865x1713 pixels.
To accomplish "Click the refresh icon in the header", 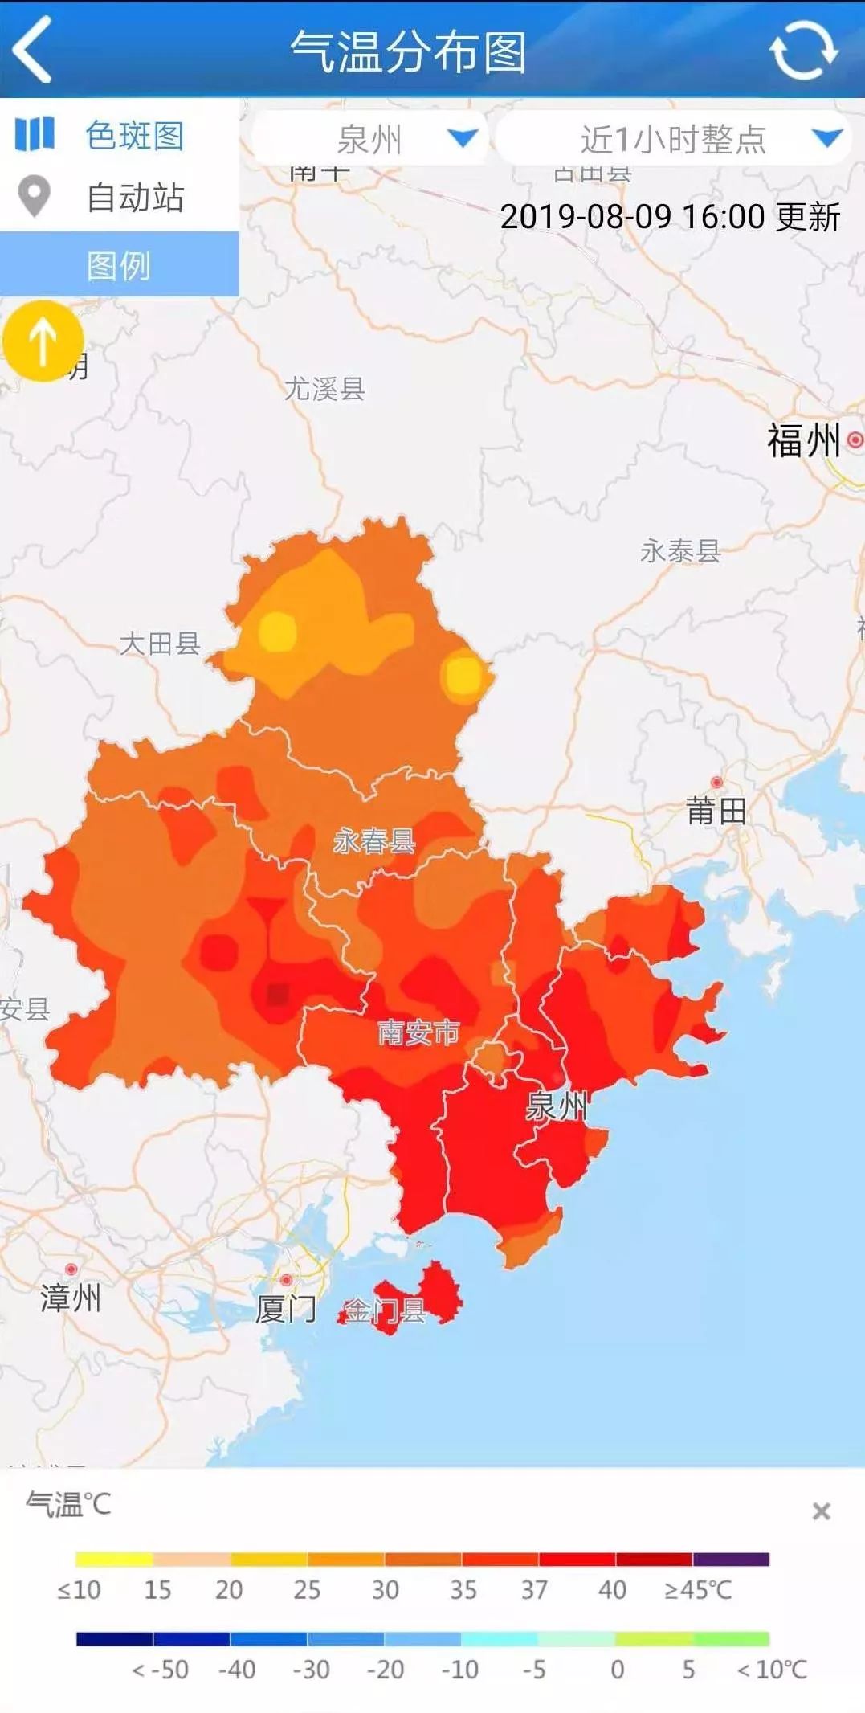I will [803, 50].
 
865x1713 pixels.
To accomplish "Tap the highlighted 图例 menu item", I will [119, 265].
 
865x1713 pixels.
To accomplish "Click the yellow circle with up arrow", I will [43, 341].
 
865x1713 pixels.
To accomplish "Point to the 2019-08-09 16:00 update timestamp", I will [669, 217].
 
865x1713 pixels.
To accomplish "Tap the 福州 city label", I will [803, 440].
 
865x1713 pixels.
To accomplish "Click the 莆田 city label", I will [716, 811].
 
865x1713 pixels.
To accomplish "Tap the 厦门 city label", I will [286, 1309].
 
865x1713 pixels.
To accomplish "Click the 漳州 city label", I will [71, 1298].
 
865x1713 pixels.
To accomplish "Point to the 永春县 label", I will [374, 841].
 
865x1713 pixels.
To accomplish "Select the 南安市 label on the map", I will [418, 1032].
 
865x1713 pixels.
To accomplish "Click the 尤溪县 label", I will [324, 389].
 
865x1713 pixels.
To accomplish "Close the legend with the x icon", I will [821, 1512].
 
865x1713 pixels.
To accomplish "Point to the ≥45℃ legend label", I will [697, 1589].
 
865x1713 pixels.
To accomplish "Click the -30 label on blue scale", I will [311, 1670].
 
